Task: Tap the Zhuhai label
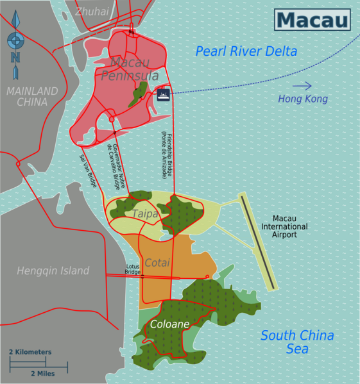click(92, 12)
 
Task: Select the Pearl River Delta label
click(246, 52)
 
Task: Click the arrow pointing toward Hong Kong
click(302, 86)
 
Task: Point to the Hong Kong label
click(303, 99)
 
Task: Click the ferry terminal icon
click(163, 95)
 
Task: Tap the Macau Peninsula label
click(130, 69)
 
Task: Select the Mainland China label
click(32, 96)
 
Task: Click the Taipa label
click(145, 214)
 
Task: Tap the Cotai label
click(157, 263)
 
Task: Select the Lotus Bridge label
click(132, 269)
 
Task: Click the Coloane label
click(169, 324)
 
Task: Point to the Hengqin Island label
click(53, 271)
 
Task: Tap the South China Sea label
click(297, 342)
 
